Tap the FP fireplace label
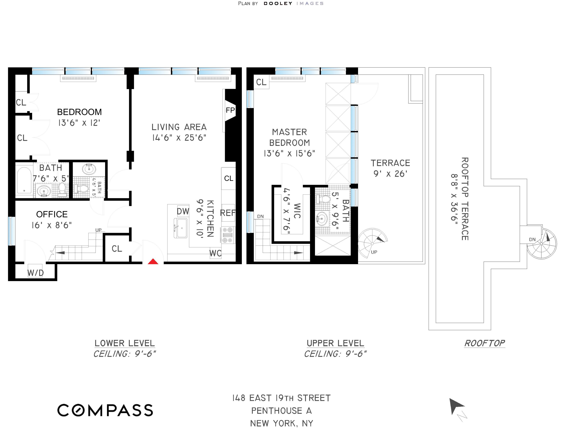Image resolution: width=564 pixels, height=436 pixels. pos(230,110)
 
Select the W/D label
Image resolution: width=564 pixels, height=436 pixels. pos(35,273)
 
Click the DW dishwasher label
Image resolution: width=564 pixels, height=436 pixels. pos(183,211)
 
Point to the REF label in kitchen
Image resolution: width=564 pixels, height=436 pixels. pos(228,213)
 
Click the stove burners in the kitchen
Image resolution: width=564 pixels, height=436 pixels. pos(228,235)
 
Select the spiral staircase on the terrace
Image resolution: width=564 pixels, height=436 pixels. pos(372,243)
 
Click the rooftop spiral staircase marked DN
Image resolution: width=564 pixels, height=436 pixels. pos(542,244)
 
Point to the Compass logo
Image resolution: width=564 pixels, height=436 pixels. pos(105,410)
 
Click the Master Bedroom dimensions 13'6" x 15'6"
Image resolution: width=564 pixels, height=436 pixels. pos(289,153)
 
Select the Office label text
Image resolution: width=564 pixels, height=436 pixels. pos(52,214)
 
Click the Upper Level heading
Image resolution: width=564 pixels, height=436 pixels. pos(335,343)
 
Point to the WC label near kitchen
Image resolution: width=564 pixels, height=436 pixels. pos(215,253)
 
